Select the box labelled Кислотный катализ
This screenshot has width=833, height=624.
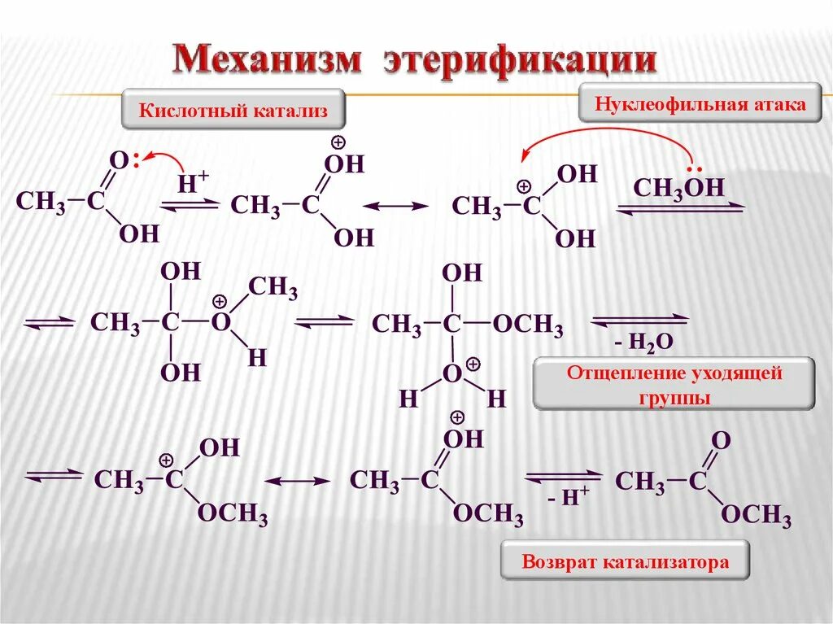coord(233,110)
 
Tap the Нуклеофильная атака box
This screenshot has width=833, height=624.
coord(700,104)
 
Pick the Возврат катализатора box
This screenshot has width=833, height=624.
coord(625,562)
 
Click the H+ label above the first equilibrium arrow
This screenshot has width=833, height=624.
coord(193,183)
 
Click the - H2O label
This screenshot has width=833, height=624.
coord(643,343)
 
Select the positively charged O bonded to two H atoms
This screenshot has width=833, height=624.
coord(452,373)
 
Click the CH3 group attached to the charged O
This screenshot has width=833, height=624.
coord(273,287)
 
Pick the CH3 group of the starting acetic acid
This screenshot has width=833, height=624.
coord(41,202)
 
